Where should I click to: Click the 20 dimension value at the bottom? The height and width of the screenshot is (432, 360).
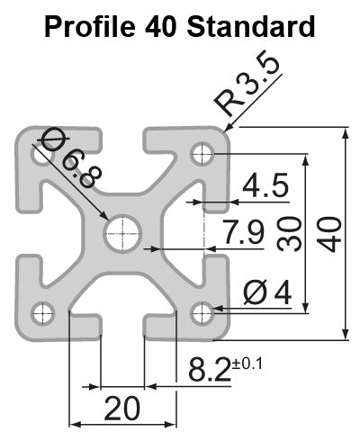tap(121, 409)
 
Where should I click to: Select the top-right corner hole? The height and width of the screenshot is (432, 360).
tap(200, 156)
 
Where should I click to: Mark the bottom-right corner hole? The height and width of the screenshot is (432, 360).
tap(200, 313)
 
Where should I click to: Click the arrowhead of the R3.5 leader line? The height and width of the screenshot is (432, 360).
tap(230, 128)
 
